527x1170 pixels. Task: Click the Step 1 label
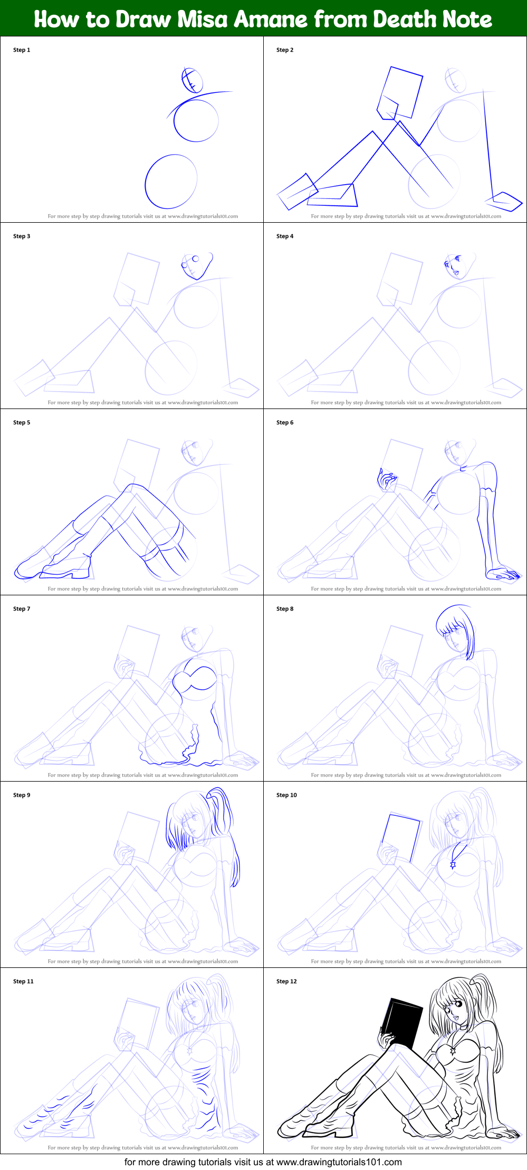pos(22,50)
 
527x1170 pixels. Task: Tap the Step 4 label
pos(285,236)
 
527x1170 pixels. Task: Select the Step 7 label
pos(22,609)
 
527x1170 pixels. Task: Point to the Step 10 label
pos(286,795)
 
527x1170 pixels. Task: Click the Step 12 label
pos(286,982)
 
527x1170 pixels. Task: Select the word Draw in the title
pos(143,20)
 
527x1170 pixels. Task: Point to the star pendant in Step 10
pos(453,864)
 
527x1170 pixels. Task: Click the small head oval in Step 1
pos(192,80)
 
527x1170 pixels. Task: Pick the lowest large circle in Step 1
pos(171,181)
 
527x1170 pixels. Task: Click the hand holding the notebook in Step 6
pos(386,481)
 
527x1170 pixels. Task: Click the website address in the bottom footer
pos(339,1162)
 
